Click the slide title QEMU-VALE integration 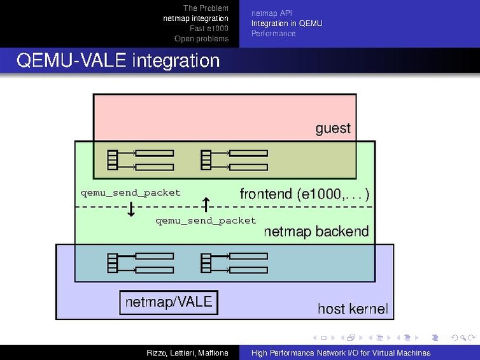[x=118, y=61]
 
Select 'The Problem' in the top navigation [x=205, y=8]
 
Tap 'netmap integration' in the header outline [x=195, y=18]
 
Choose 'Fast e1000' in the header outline [x=209, y=29]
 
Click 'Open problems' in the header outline [x=201, y=39]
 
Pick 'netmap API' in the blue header [x=272, y=13]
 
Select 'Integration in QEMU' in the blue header [x=286, y=24]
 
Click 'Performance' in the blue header [x=273, y=34]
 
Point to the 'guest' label [x=333, y=128]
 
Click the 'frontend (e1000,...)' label [x=304, y=194]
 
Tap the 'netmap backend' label [x=316, y=232]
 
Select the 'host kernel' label [x=352, y=309]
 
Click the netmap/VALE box [x=169, y=302]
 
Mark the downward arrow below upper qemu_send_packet [x=131, y=209]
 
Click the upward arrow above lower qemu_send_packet [x=206, y=204]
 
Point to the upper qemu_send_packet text [x=131, y=193]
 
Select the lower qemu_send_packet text [x=206, y=221]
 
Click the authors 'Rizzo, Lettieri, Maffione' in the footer [x=187, y=353]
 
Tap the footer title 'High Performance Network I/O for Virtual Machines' [x=341, y=353]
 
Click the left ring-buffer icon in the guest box [x=140, y=160]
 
